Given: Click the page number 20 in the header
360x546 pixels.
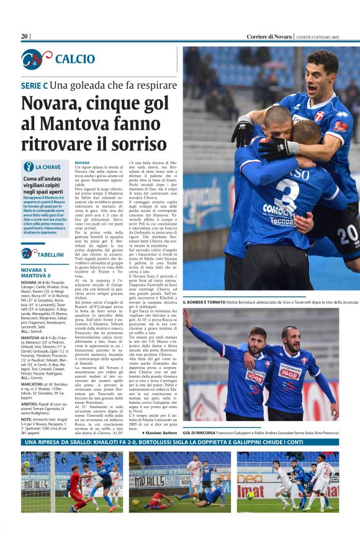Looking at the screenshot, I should point(25,36).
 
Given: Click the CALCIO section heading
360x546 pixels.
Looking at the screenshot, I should point(74,60).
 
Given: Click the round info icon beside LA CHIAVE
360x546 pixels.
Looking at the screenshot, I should point(28,166).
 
